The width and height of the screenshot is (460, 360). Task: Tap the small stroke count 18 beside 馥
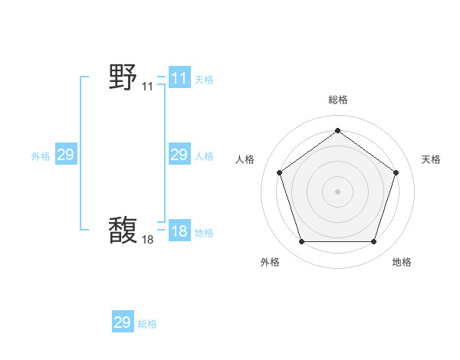coord(147,240)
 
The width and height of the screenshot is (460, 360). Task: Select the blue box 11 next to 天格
coord(179,78)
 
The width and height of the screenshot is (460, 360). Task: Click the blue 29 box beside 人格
coord(179,155)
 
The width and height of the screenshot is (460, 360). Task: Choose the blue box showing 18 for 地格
coord(179,232)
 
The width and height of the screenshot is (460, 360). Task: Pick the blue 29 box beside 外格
coord(66,155)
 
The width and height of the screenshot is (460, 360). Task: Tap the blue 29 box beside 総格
coord(123,322)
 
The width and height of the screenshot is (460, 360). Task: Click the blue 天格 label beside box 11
coord(204,79)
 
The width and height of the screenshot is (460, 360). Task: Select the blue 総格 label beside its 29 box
coord(147,324)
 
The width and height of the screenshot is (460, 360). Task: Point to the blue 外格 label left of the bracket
coord(41,156)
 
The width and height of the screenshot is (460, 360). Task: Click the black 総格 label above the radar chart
coord(337,100)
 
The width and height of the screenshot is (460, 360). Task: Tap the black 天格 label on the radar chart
coord(431,159)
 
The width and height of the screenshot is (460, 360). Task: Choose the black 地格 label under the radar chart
coord(402,262)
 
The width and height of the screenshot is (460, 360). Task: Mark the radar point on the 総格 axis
coord(337,130)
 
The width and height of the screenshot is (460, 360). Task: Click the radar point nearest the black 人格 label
coord(279,172)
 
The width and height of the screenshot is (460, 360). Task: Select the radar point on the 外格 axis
coord(301,242)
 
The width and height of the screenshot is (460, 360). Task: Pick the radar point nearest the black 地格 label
coord(373,242)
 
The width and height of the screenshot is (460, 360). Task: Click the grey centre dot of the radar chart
coord(337,191)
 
